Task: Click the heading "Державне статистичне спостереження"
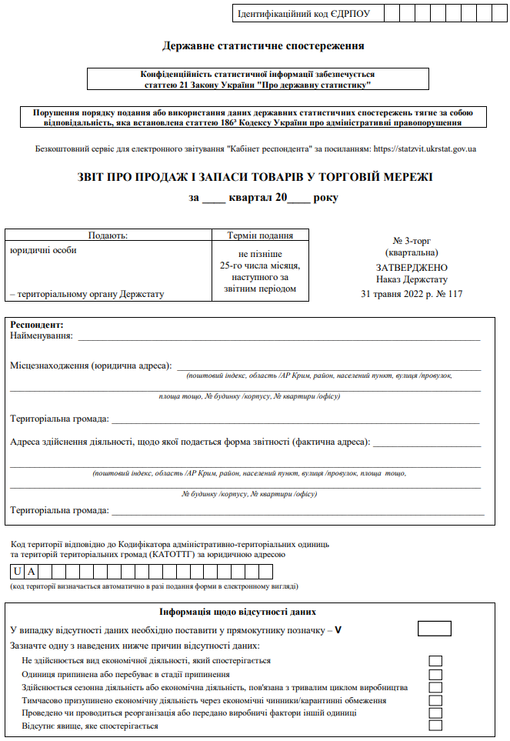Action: pyautogui.click(x=263, y=46)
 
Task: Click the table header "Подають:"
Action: pyautogui.click(x=108, y=235)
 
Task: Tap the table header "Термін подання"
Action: pyautogui.click(x=260, y=235)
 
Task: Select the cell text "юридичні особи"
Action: pyautogui.click(x=44, y=250)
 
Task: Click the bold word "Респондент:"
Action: pyautogui.click(x=36, y=325)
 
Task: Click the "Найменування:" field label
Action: pyautogui.click(x=42, y=336)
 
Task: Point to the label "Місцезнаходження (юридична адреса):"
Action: pyautogui.click(x=91, y=365)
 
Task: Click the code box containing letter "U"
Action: pyautogui.click(x=17, y=572)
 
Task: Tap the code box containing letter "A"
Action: pyautogui.click(x=32, y=572)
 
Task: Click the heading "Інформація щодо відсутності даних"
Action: pyautogui.click(x=238, y=612)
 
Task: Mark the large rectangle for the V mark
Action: pyautogui.click(x=434, y=629)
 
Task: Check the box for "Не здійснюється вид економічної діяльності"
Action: pyautogui.click(x=435, y=661)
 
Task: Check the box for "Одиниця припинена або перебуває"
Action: pyautogui.click(x=435, y=674)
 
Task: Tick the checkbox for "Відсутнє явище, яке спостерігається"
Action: pyautogui.click(x=435, y=726)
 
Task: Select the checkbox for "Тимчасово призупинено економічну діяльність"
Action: pyautogui.click(x=435, y=700)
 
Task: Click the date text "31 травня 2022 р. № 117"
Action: pyautogui.click(x=412, y=294)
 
